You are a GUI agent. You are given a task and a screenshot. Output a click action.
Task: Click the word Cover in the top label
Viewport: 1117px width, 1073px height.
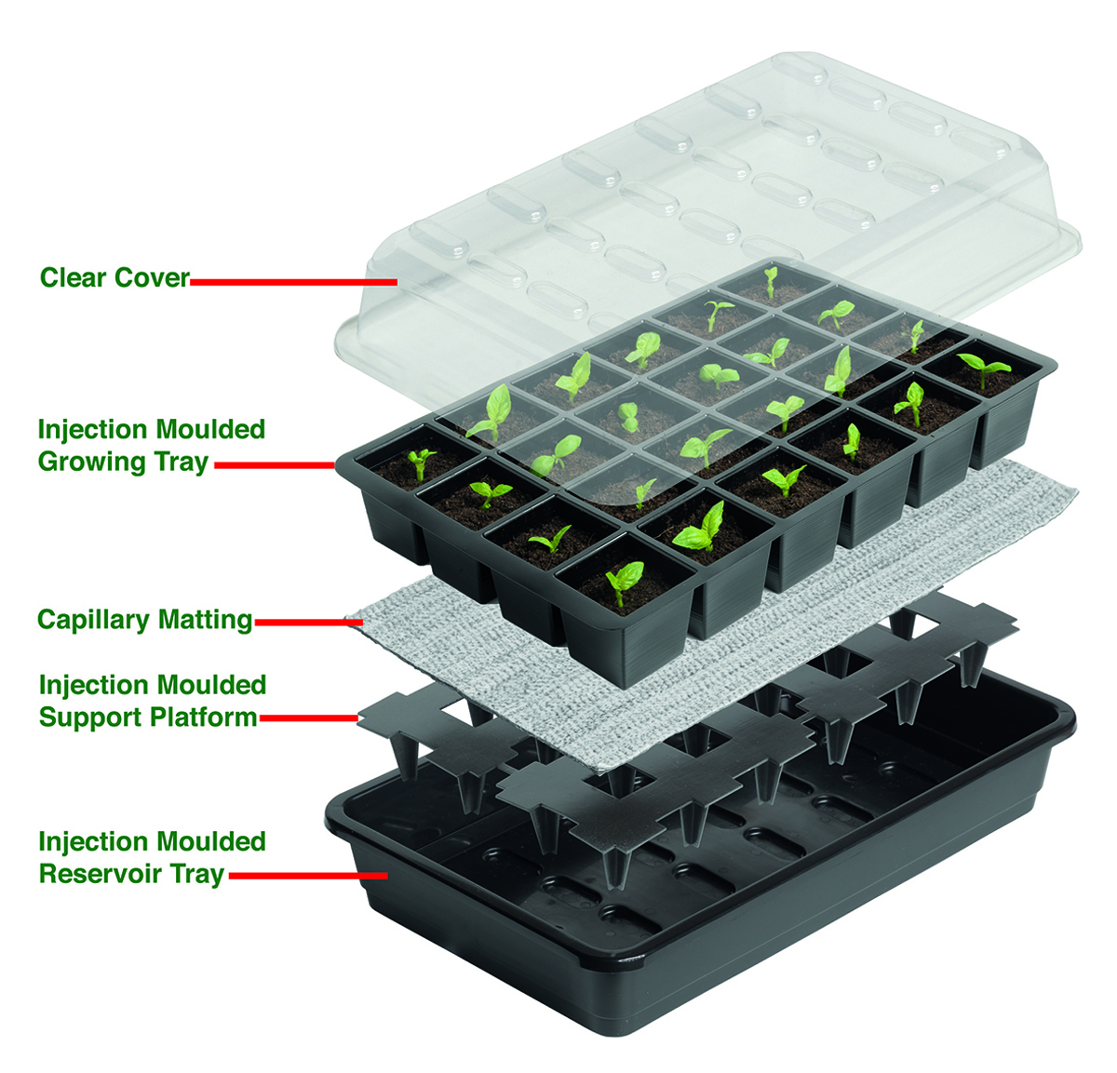pyautogui.click(x=152, y=277)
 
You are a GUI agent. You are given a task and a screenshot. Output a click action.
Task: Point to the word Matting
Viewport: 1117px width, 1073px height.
pyautogui.click(x=205, y=620)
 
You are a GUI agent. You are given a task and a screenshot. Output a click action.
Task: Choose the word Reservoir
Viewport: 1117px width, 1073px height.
pyautogui.click(x=102, y=873)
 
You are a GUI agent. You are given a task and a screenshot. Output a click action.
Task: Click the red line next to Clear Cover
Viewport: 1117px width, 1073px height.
pyautogui.click(x=293, y=282)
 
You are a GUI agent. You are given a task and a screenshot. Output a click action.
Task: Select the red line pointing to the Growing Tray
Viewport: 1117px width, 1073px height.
pyautogui.click(x=276, y=465)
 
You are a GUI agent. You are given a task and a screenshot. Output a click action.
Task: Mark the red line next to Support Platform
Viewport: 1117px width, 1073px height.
pyautogui.click(x=309, y=718)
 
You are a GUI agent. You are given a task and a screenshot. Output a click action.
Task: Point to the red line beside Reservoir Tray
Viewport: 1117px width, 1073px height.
pyautogui.click(x=308, y=876)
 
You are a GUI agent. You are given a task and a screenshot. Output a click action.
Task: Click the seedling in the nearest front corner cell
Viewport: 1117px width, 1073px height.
pyautogui.click(x=624, y=581)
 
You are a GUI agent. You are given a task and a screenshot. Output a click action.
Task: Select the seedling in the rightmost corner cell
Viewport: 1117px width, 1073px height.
pyautogui.click(x=984, y=369)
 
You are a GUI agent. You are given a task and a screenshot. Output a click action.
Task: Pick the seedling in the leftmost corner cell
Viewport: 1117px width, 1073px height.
pyautogui.click(x=421, y=463)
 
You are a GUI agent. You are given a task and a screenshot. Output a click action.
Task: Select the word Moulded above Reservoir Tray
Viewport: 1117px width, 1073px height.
pyautogui.click(x=211, y=842)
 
